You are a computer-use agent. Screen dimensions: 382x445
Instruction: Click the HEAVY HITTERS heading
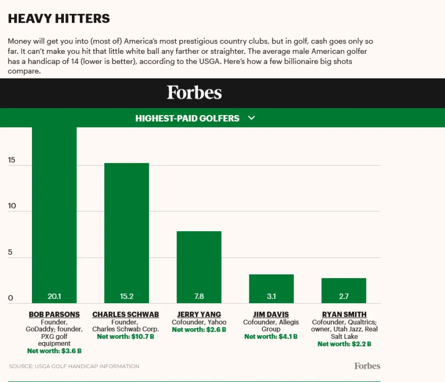tap(59, 19)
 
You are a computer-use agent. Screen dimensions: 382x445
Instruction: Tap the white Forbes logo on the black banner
tap(194, 92)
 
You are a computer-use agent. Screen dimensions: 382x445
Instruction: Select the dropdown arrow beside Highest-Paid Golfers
tap(252, 118)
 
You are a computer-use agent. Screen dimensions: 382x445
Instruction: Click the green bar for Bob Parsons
tap(54, 214)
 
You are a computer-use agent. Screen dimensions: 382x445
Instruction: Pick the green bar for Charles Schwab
tap(127, 232)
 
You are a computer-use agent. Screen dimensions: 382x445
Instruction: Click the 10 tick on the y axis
tap(12, 206)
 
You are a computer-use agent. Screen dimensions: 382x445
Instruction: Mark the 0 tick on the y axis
tap(11, 298)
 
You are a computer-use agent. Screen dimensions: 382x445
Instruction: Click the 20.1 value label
tap(54, 296)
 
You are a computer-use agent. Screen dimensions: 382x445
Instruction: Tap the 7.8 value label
tap(199, 296)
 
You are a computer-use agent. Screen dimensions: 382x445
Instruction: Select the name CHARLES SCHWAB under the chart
tap(126, 314)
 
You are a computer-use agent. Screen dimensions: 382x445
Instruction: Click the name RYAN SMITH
tap(344, 314)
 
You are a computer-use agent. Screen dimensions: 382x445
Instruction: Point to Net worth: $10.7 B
tap(126, 337)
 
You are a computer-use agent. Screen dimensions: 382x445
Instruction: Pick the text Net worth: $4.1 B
tap(271, 337)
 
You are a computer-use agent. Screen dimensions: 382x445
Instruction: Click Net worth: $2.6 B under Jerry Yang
tap(199, 330)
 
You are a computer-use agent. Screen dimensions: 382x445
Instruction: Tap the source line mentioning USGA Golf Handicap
tap(74, 366)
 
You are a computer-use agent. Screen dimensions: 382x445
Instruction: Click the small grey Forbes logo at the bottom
tap(367, 366)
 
